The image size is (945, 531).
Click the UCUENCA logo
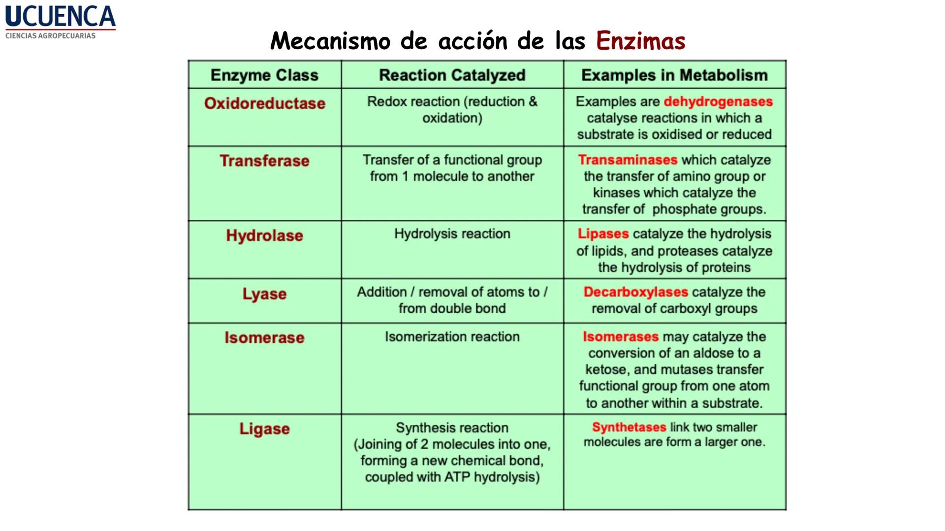60,17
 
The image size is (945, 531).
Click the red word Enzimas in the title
640,41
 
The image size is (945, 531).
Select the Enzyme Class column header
264,75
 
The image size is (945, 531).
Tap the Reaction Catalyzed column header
452,75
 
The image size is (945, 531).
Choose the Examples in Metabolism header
674,75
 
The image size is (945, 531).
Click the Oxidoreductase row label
264,103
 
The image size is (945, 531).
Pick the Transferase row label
264,161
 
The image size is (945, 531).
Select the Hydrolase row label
264,236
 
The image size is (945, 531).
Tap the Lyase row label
264,294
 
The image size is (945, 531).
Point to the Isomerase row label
264,338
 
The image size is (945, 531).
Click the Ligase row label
264,429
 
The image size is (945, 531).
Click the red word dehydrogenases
718,102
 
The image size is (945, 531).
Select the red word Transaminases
628,160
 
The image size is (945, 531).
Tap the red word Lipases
603,234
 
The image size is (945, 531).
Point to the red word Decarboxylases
635,292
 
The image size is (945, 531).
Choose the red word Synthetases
629,427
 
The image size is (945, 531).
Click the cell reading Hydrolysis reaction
452,234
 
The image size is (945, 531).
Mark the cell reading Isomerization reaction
452,337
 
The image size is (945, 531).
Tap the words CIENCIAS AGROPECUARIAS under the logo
50,36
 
